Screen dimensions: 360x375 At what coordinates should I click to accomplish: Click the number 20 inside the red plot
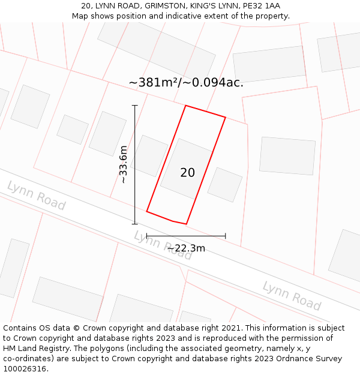point(187,173)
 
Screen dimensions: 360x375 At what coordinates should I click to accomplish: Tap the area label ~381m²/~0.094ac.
point(186,83)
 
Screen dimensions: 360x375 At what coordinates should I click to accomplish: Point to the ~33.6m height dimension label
point(123,164)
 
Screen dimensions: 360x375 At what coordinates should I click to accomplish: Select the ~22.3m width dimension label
point(186,248)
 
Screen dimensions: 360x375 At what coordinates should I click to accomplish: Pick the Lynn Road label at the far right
point(292,295)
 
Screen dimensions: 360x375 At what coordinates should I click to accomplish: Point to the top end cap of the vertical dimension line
point(135,106)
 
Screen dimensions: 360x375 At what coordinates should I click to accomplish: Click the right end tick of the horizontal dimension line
point(226,236)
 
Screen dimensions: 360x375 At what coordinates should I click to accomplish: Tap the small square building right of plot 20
point(225,184)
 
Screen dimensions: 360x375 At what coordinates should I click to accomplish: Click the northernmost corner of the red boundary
point(186,106)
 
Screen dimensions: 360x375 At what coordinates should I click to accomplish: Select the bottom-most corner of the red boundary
point(186,224)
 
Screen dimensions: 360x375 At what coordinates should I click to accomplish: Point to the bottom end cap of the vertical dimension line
point(135,224)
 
